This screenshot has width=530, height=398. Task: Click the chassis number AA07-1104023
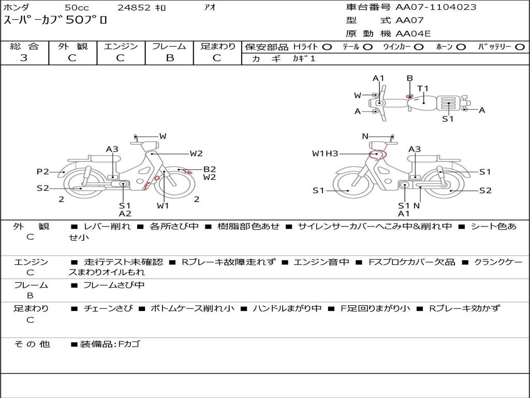(436, 7)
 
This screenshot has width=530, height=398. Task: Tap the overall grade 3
(24, 58)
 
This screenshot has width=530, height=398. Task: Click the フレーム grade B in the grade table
(170, 58)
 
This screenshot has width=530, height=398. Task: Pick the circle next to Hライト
(327, 47)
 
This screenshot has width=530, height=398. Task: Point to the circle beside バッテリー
(520, 47)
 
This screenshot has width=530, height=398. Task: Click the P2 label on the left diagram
(43, 172)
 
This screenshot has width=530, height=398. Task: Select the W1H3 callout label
(325, 153)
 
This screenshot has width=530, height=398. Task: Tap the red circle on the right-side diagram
(377, 154)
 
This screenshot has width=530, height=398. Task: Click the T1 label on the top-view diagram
(422, 89)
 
